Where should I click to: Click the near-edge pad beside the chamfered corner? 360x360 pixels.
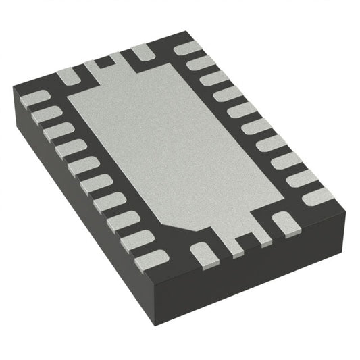pyautogui.click(x=202, y=254)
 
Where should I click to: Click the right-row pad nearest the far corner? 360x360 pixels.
pyautogui.click(x=185, y=49)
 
